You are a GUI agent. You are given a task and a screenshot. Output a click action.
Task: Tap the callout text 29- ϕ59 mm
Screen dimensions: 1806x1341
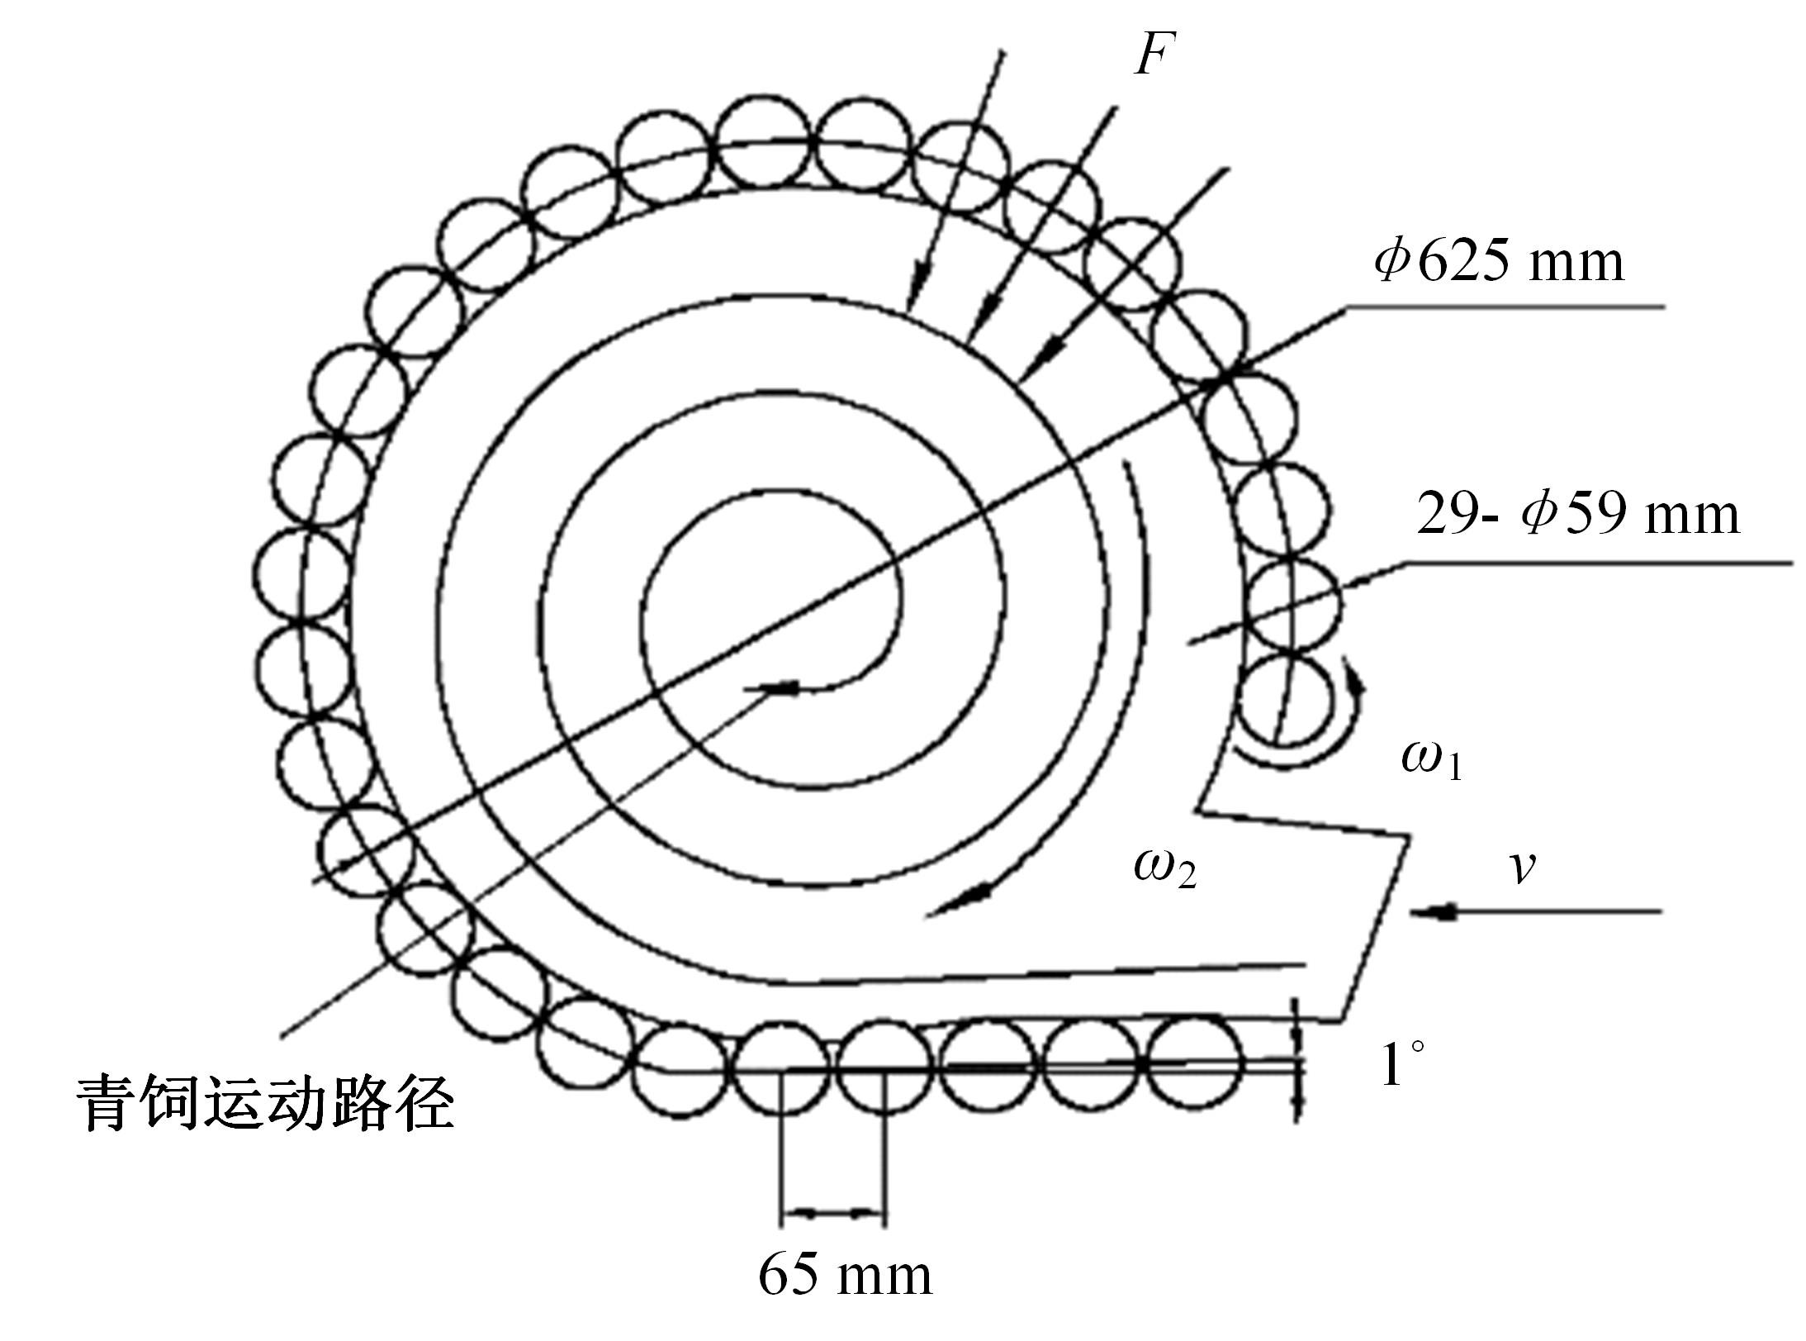pyautogui.click(x=1578, y=514)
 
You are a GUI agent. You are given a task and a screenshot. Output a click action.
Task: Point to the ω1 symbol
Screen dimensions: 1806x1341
pyautogui.click(x=1432, y=758)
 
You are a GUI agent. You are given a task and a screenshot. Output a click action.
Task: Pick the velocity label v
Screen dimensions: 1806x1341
pyautogui.click(x=1521, y=868)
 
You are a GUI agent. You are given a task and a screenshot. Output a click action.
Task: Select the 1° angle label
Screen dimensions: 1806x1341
pyautogui.click(x=1403, y=1063)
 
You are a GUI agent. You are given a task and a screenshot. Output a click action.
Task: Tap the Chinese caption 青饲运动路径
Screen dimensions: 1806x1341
pyautogui.click(x=266, y=1104)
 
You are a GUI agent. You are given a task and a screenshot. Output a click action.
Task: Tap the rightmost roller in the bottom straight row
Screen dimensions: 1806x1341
pyautogui.click(x=1194, y=1063)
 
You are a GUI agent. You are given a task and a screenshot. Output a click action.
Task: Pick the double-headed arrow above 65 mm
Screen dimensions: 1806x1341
pyautogui.click(x=832, y=1213)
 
